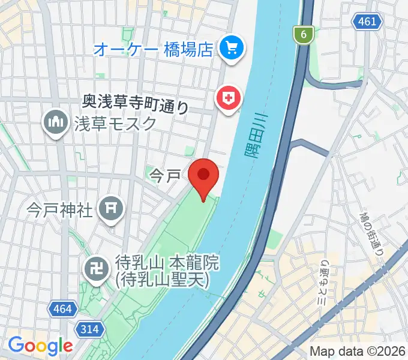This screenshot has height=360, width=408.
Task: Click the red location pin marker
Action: point(203,176)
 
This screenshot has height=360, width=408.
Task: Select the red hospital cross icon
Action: point(229,97)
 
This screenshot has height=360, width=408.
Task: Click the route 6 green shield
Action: point(305,35)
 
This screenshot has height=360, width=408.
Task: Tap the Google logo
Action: point(40,346)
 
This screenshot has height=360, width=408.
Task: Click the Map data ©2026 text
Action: point(357,351)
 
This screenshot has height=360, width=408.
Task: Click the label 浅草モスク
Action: point(115,123)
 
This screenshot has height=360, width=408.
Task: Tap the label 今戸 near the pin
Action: point(164,176)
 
